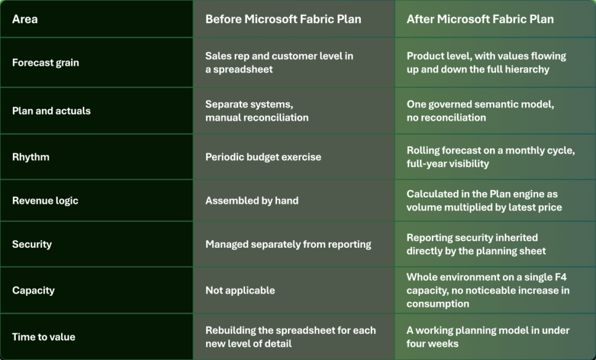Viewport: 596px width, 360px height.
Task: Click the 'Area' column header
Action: (x=24, y=19)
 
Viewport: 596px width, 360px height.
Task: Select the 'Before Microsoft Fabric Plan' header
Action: (x=283, y=19)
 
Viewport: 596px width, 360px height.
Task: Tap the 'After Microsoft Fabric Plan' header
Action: (x=480, y=19)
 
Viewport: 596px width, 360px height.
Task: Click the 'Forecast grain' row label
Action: (x=45, y=63)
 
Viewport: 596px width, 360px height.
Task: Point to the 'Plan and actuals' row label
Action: (x=51, y=111)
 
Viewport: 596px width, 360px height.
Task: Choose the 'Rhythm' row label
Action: (x=31, y=157)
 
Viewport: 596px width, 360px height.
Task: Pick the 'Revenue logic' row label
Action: (x=45, y=201)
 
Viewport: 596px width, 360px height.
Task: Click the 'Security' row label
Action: (x=32, y=244)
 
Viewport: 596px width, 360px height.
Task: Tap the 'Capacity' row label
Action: (x=33, y=291)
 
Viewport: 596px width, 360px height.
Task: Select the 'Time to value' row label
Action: (x=44, y=337)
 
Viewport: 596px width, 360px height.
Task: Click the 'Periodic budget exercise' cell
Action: (x=263, y=157)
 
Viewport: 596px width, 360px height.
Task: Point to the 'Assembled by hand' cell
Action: (x=252, y=201)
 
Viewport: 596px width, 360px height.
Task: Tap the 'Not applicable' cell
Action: (x=240, y=291)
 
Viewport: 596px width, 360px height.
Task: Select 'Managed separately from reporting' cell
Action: (x=288, y=244)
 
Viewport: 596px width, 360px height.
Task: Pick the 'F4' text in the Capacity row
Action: (x=560, y=277)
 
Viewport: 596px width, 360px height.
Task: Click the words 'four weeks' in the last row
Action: (x=432, y=344)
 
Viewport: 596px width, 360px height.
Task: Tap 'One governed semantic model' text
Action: (x=480, y=105)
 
